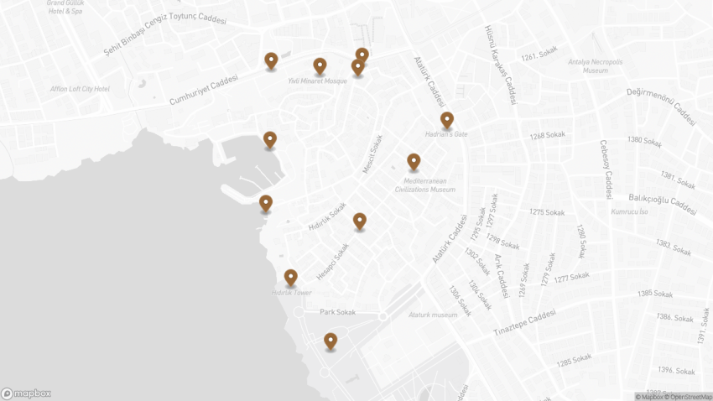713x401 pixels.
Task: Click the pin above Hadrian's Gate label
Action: (x=447, y=120)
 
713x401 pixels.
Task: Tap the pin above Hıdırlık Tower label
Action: (x=291, y=277)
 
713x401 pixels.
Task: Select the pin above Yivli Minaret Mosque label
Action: (x=320, y=65)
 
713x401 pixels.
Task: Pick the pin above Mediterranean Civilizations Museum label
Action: (x=414, y=161)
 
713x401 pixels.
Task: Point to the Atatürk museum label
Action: (x=433, y=315)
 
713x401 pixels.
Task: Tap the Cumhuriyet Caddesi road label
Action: (x=204, y=90)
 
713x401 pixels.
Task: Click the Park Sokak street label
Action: (x=338, y=312)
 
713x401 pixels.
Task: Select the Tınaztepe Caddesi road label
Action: (x=524, y=323)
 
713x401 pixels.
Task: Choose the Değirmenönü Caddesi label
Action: (x=662, y=106)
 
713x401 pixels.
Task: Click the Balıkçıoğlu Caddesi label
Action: (x=662, y=203)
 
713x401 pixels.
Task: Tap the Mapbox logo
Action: (x=26, y=393)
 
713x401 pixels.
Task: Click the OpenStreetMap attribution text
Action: (x=690, y=397)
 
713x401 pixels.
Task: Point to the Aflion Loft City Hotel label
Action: (x=80, y=89)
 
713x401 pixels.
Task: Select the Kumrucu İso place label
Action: (x=630, y=211)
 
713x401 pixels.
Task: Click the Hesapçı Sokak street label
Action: (x=333, y=263)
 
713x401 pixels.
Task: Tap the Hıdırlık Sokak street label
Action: (x=327, y=216)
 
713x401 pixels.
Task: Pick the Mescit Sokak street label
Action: (x=372, y=155)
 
